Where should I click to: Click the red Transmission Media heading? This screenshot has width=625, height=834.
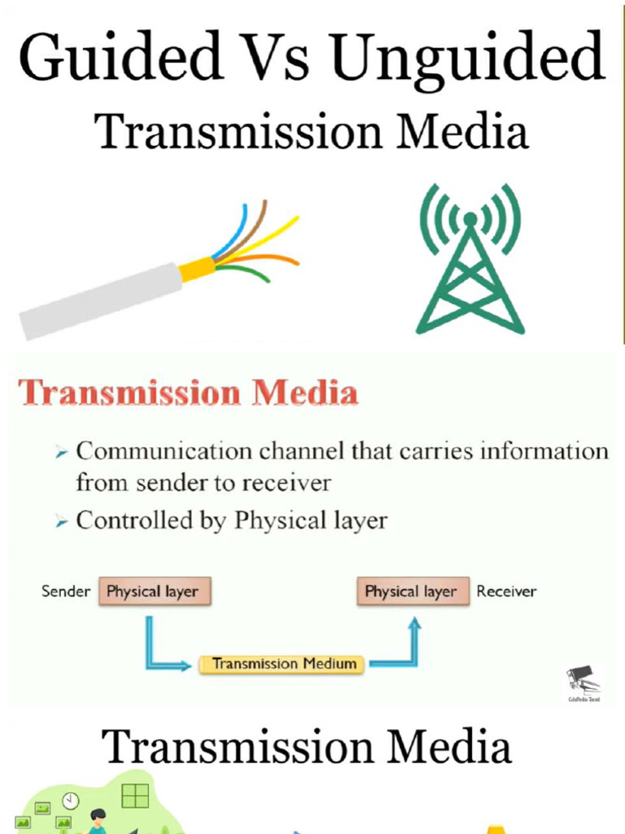click(x=188, y=394)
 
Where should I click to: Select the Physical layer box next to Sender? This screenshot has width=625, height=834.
click(x=155, y=592)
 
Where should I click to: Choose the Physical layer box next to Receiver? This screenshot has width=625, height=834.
click(x=413, y=592)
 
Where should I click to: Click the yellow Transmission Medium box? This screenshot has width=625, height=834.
click(x=284, y=664)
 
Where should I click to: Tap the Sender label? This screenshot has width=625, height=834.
click(x=66, y=592)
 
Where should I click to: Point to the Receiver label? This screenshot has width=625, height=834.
click(x=506, y=592)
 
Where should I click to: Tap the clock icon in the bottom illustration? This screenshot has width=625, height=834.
click(x=71, y=801)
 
